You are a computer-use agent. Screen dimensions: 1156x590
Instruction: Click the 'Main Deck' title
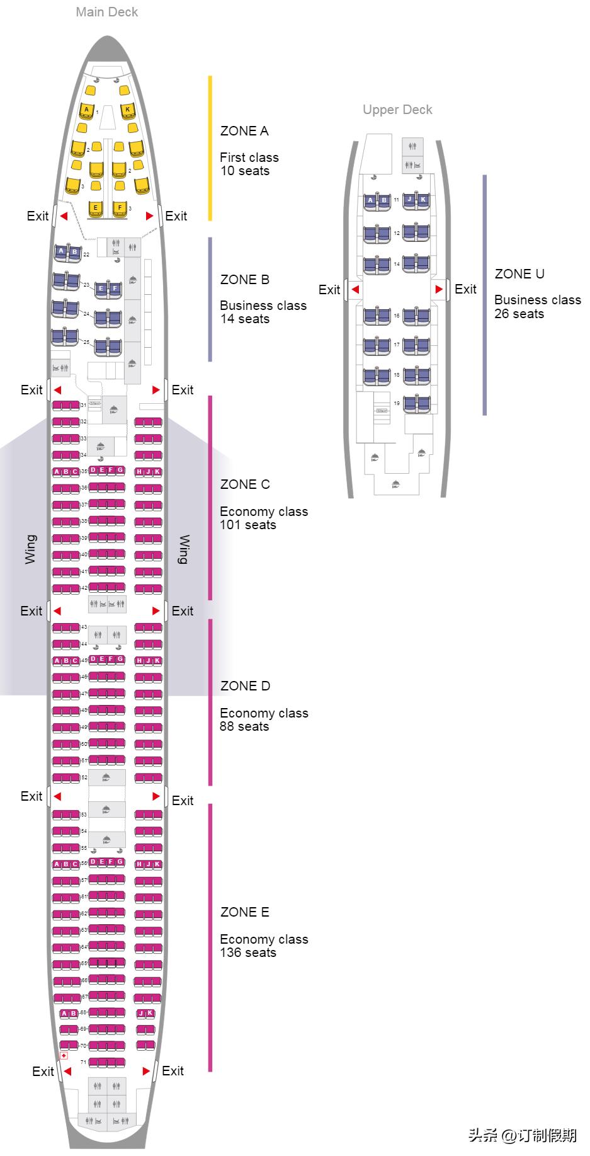[106, 12]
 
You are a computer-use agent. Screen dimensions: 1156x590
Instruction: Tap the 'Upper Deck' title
[397, 110]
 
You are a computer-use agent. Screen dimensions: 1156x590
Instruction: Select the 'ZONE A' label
[244, 131]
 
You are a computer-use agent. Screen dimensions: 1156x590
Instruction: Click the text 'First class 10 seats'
[249, 164]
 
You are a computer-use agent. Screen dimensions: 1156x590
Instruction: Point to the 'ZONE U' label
[519, 274]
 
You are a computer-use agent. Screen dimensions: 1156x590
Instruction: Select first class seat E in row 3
[96, 208]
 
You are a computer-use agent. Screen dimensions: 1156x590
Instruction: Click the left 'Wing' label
[30, 549]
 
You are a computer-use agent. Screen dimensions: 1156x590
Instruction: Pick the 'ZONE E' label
[244, 912]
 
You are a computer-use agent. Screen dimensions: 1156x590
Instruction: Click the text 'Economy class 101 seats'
[263, 518]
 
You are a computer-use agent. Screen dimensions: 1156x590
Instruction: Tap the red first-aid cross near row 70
[64, 1055]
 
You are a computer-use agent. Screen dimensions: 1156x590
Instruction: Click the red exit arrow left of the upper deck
[355, 290]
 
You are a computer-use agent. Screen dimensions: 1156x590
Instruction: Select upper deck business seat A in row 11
[370, 201]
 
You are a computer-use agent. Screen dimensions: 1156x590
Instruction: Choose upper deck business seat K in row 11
[423, 200]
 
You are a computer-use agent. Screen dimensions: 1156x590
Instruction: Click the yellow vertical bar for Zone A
[210, 148]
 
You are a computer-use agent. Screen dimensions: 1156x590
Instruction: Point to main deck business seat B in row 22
[74, 253]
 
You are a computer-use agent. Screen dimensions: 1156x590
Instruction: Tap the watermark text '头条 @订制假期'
[522, 1135]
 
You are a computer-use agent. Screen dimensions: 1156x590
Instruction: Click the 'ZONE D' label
[245, 686]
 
